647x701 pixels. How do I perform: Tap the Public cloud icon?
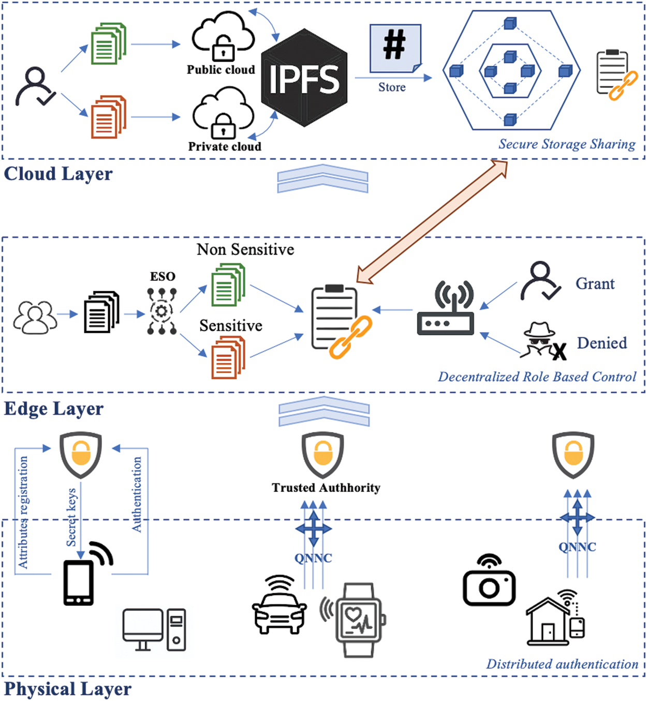[223, 36]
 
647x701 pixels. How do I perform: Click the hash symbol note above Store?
[395, 47]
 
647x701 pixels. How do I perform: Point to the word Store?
[392, 87]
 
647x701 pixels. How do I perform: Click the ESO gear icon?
[161, 311]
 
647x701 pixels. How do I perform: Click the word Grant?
[595, 284]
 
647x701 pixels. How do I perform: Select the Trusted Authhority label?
[326, 487]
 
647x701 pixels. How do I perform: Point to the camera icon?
[489, 581]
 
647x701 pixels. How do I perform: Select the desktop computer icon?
[154, 629]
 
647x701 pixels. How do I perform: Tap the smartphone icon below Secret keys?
[79, 583]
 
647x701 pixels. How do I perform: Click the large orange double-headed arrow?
[433, 222]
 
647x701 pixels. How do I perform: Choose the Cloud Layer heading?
[58, 174]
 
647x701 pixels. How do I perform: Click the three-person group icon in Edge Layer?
[35, 317]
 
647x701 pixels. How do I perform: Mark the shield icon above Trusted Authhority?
[323, 455]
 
